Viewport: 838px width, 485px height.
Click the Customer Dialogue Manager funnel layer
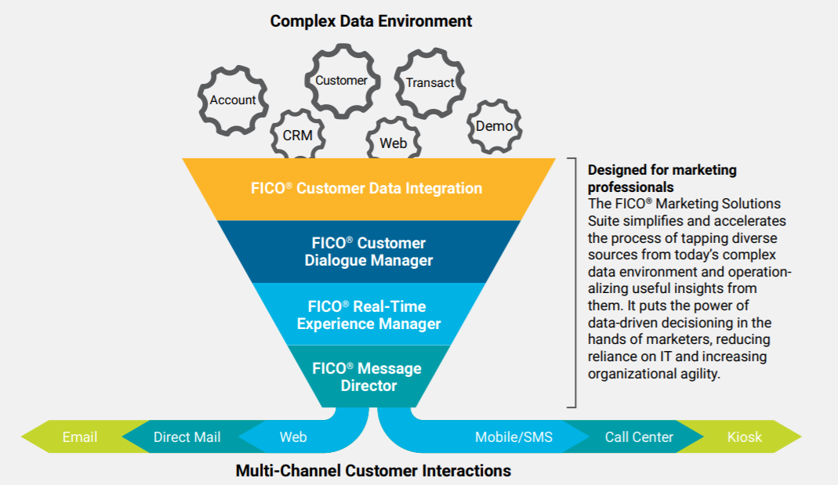pos(368,252)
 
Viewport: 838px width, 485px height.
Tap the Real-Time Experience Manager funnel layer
pos(368,315)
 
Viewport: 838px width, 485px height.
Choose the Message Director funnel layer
pos(368,377)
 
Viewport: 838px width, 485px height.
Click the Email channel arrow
pos(79,437)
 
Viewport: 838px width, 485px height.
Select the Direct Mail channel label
pos(187,437)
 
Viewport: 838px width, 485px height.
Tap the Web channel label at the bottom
pos(293,437)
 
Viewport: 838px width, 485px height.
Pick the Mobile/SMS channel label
pos(513,437)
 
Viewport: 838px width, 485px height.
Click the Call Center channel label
pos(639,437)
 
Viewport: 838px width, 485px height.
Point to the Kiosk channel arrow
pos(744,437)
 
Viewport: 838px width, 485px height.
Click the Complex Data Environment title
pos(371,21)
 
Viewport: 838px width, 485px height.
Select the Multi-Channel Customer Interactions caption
pos(373,471)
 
